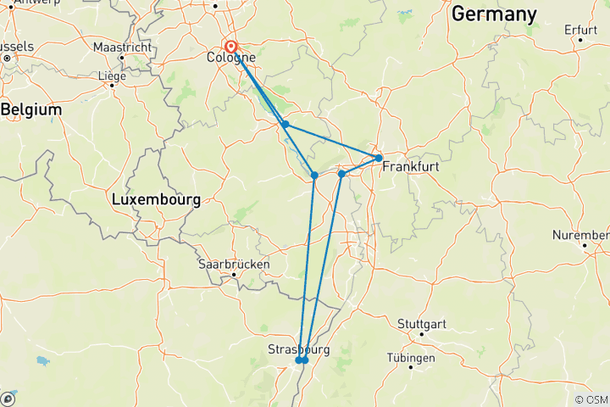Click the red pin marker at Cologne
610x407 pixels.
(230, 47)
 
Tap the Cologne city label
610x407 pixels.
(232, 59)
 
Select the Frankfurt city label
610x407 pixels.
(411, 167)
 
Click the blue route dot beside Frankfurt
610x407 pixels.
(378, 158)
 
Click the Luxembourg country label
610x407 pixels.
(156, 201)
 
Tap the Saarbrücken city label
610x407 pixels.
(234, 264)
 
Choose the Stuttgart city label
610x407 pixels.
(422, 323)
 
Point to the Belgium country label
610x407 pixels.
(31, 110)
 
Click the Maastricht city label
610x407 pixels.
(122, 47)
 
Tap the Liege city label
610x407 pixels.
(113, 75)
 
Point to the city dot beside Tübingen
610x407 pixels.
(411, 367)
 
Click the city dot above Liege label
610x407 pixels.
(112, 85)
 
